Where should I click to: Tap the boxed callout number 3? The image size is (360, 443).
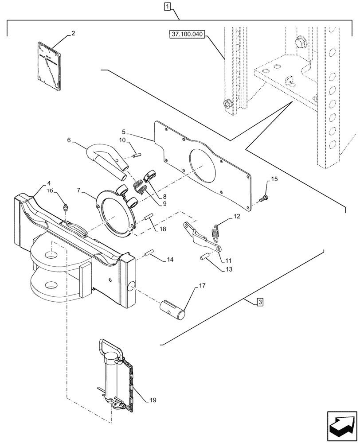260,302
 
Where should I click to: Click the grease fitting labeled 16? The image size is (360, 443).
66,207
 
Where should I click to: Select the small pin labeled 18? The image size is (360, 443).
149,217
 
